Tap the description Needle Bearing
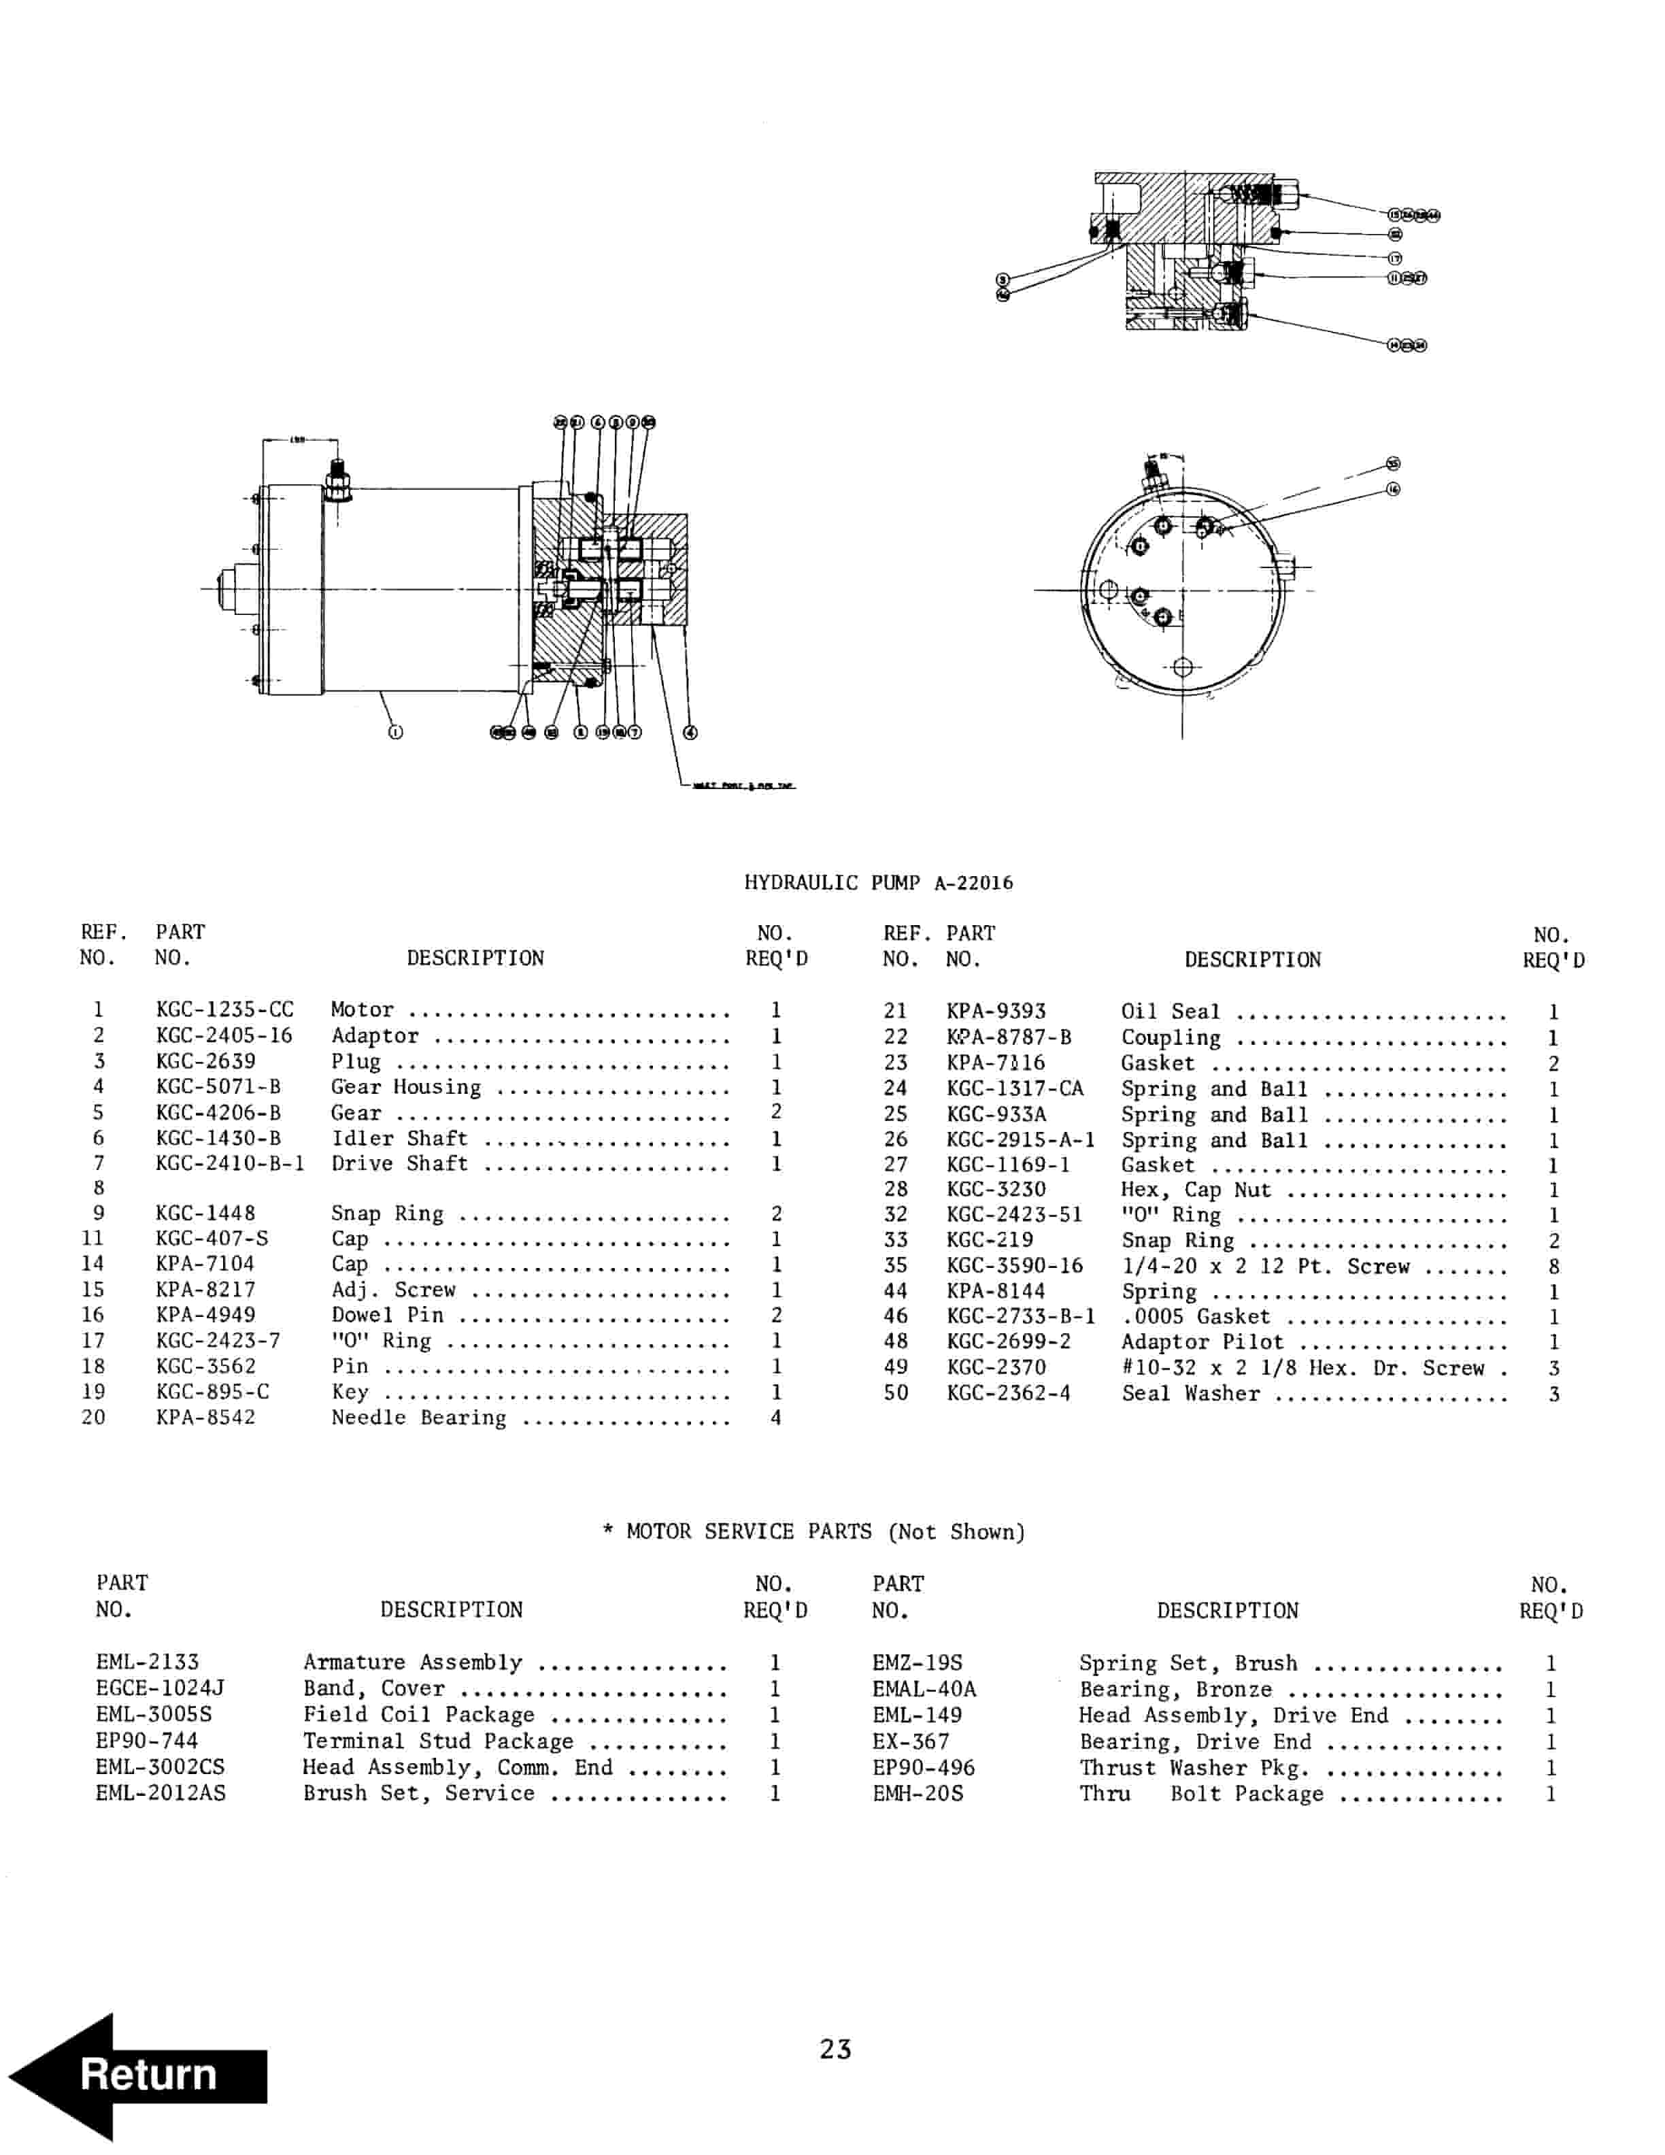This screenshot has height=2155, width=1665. point(418,1418)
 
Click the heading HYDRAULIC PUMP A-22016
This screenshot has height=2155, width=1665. point(878,882)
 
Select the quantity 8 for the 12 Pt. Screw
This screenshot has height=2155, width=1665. point(1553,1266)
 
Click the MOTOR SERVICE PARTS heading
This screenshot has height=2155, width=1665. point(813,1531)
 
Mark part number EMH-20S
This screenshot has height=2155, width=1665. point(918,1793)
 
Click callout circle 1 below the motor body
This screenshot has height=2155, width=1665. point(396,731)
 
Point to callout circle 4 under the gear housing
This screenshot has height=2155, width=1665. point(690,731)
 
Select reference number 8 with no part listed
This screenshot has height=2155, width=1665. point(99,1187)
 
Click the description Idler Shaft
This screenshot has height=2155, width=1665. point(399,1137)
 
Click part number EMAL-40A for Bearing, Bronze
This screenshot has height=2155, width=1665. point(923,1688)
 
